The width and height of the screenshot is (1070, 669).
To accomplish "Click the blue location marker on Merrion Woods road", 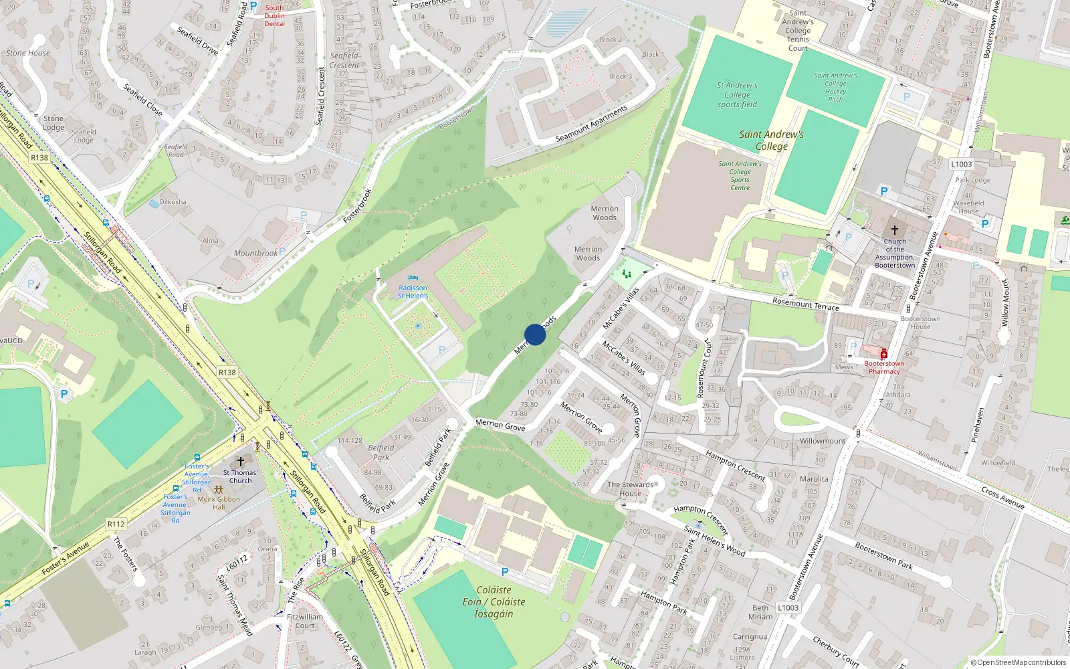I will coord(535,334).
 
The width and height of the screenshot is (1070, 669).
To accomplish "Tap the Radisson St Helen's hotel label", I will coord(413,292).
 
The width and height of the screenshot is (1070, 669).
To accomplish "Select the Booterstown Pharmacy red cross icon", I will coord(883,354).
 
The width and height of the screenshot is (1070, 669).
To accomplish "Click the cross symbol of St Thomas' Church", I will coord(241,462).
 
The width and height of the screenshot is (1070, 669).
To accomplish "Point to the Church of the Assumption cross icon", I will coord(894,229).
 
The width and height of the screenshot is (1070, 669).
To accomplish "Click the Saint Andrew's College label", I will coord(771,140).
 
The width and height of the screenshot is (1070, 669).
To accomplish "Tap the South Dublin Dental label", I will coord(274,16).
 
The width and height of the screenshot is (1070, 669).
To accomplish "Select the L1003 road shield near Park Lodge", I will coord(961,165).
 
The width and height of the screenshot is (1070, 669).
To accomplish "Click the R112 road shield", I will coord(116,524).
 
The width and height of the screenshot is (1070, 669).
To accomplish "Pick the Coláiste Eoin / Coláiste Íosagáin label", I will coord(494,601).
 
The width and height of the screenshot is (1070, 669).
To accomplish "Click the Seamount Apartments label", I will coord(591,124).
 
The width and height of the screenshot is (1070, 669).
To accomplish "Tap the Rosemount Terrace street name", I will coord(805,304).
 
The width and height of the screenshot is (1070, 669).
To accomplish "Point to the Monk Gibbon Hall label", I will coord(219,503).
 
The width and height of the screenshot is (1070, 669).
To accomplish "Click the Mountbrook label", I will coord(255,254).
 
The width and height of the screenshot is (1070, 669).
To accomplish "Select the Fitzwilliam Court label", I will coord(305,622).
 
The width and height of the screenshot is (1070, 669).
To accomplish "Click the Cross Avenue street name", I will coord(1002,498).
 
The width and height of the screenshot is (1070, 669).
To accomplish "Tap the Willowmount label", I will coord(823,442).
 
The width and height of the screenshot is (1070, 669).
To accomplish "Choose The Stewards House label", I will coord(630,489).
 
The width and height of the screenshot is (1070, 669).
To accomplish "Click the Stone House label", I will coord(28,53).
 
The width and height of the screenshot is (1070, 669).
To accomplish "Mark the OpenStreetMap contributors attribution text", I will coord(1018,663).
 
